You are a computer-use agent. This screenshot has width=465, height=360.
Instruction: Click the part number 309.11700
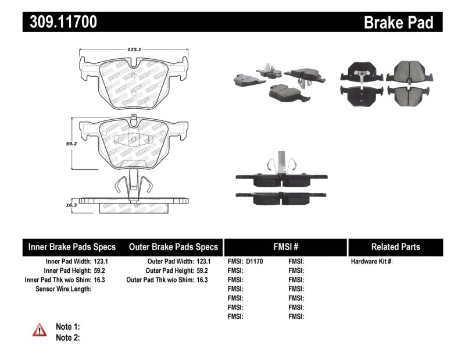(60, 23)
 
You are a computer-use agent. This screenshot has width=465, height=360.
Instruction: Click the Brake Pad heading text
(399, 23)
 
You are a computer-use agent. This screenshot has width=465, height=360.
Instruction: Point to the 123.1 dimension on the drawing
(134, 50)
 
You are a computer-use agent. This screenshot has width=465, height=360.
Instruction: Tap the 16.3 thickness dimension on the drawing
(71, 205)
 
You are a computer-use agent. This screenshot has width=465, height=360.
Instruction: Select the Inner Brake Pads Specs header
(72, 247)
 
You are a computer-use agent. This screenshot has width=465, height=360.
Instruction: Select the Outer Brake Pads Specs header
(173, 247)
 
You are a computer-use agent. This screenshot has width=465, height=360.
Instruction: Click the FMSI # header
(285, 247)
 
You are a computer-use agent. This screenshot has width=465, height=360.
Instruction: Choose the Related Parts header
(396, 247)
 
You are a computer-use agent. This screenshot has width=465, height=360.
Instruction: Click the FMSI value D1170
(254, 262)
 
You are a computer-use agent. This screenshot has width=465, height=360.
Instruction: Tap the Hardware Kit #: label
(372, 262)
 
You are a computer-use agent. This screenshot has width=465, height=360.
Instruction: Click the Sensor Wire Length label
(63, 289)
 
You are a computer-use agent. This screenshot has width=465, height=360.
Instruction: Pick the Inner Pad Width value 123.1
(102, 262)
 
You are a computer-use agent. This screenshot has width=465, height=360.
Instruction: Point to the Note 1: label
(67, 327)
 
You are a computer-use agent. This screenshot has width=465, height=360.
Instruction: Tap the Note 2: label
(67, 337)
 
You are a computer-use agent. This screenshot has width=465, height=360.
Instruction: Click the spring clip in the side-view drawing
(133, 185)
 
